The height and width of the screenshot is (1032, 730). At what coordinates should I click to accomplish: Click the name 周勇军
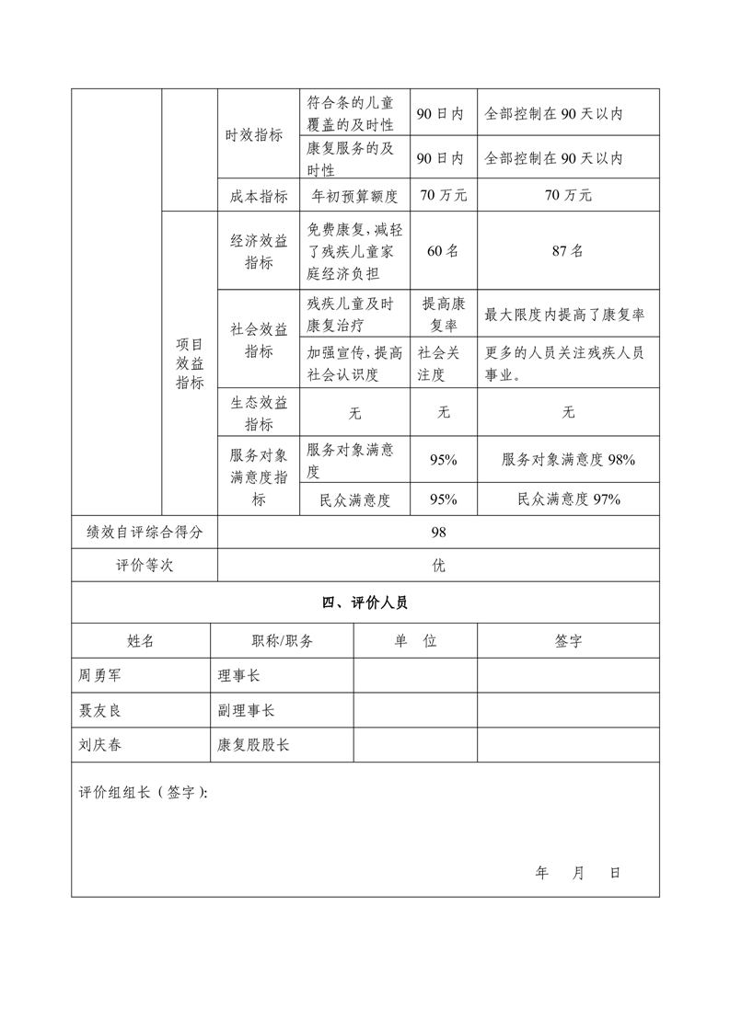point(100,675)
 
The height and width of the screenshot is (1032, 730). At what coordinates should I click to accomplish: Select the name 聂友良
point(100,710)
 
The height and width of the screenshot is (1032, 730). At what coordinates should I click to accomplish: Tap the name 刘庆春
point(100,745)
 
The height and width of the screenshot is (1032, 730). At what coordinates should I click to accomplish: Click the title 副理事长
point(246,710)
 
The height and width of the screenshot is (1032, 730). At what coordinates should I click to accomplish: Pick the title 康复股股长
point(253,745)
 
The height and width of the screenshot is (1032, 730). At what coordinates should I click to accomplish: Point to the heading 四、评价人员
point(365,603)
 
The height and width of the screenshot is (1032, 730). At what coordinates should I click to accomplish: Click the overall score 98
point(438,532)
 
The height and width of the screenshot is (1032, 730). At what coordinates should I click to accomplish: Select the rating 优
point(438,566)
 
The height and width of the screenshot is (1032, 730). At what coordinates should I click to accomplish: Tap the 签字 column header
point(568,641)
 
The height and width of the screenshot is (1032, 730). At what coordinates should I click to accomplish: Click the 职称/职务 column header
point(282,641)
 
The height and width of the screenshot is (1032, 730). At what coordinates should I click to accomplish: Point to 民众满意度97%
point(568,499)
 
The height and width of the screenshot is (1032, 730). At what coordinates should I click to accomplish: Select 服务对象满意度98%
point(568,460)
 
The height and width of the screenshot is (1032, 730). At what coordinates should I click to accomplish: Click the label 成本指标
point(259,196)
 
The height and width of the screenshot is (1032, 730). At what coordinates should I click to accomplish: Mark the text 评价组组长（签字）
point(143,793)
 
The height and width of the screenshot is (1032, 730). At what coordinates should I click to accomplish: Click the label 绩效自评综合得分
point(145,532)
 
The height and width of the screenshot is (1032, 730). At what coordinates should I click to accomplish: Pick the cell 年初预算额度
point(354,196)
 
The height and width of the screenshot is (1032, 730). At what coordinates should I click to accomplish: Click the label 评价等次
point(145,566)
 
